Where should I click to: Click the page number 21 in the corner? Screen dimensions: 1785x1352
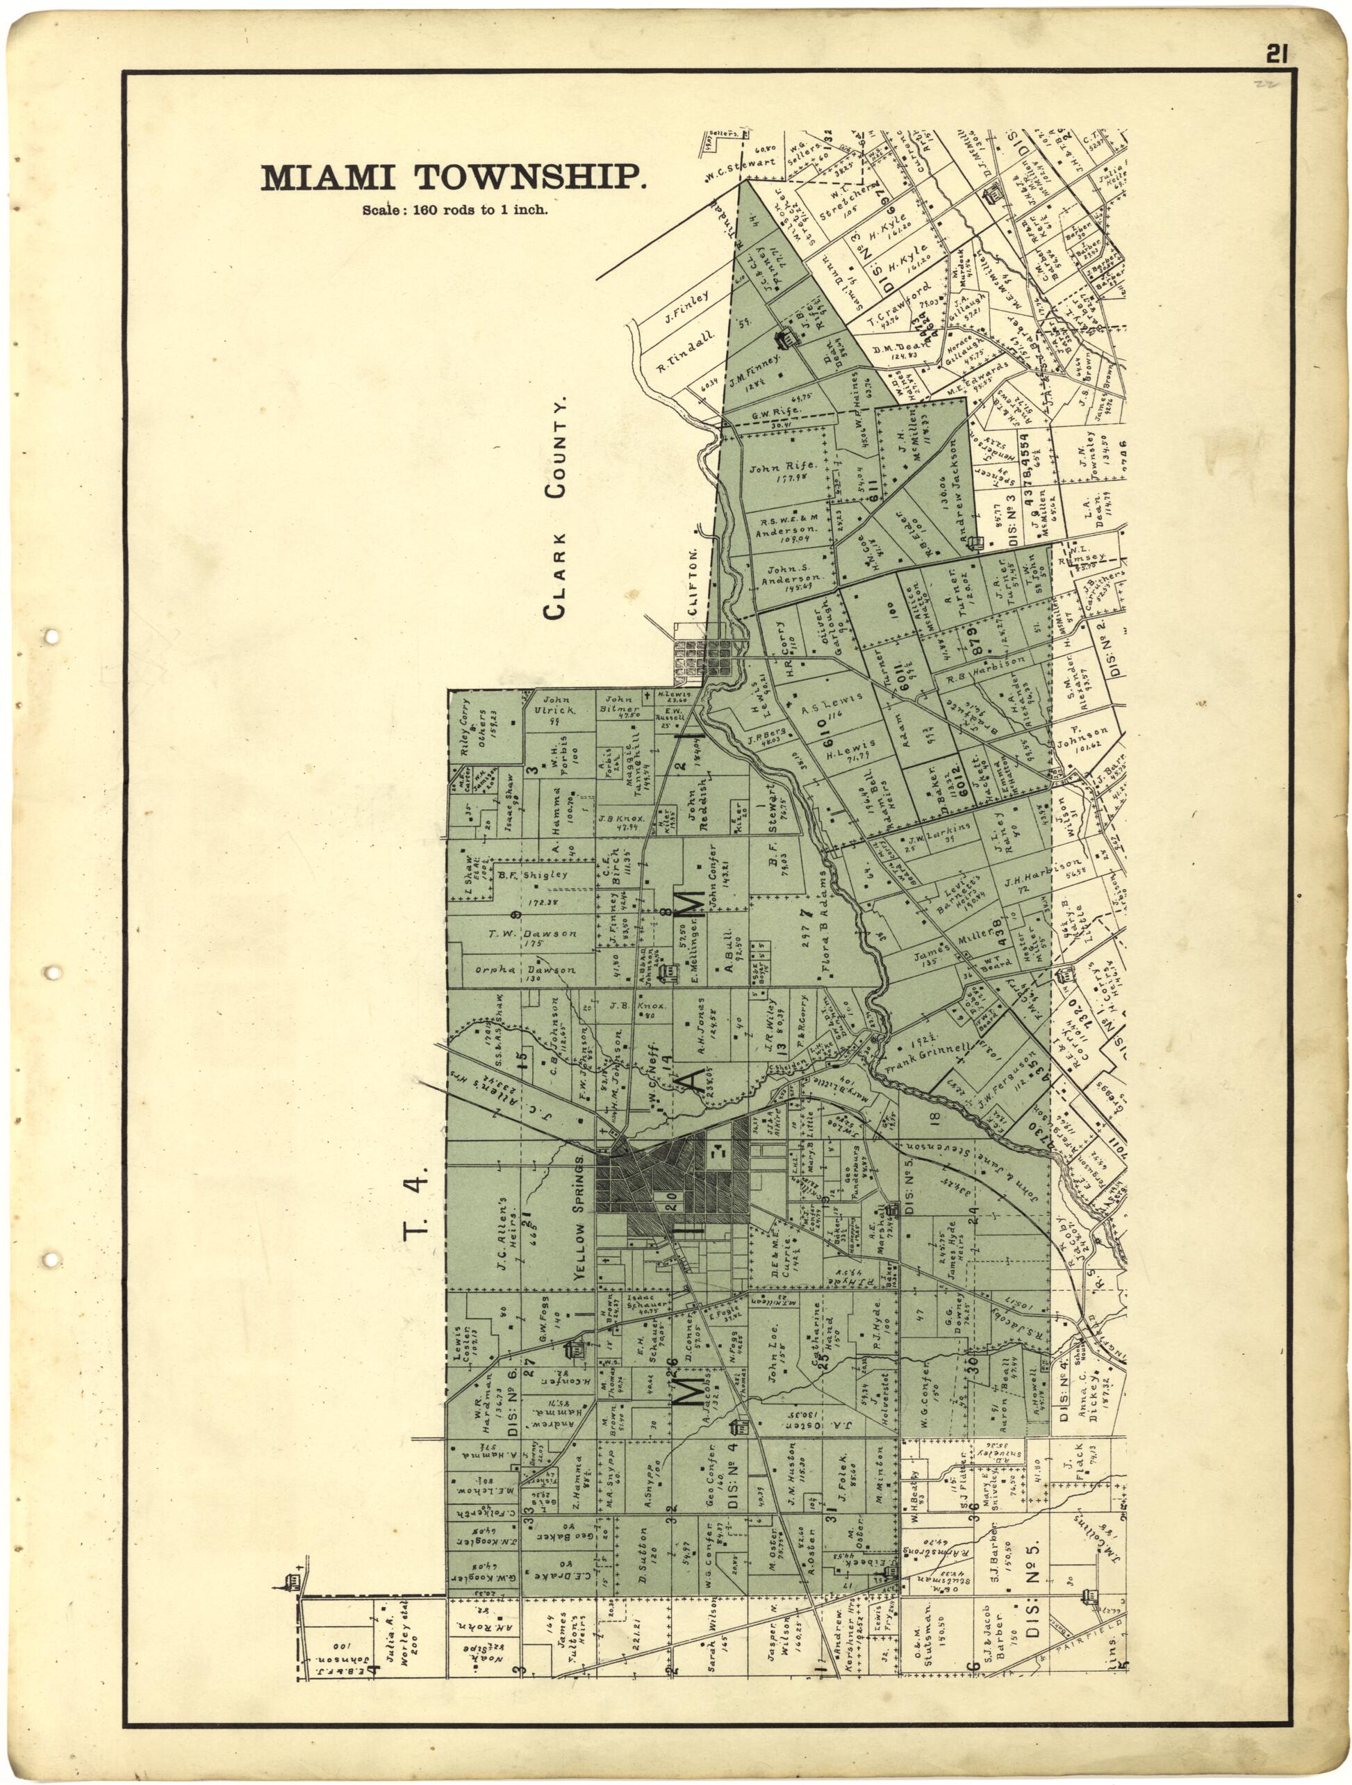pyautogui.click(x=1276, y=54)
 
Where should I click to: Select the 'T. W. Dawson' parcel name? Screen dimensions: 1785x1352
pyautogui.click(x=531, y=934)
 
